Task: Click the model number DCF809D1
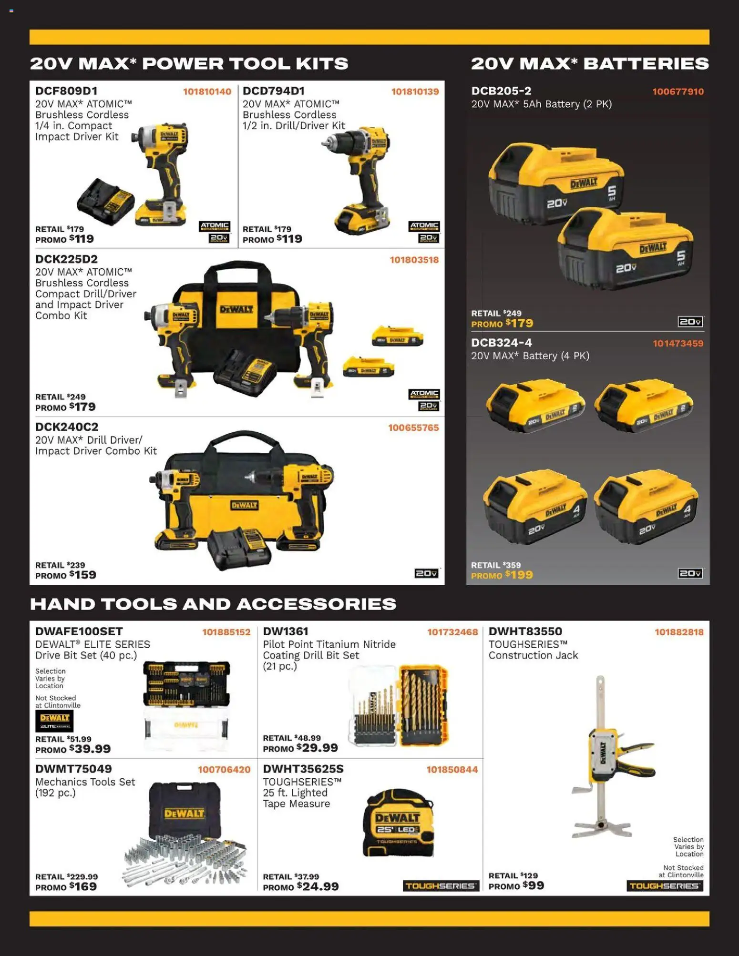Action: (66, 91)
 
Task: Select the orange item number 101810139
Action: (415, 92)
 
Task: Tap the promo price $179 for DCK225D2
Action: (82, 407)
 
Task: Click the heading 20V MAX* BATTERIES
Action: (590, 63)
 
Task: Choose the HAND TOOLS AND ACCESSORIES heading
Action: (213, 604)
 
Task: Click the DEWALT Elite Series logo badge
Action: (54, 721)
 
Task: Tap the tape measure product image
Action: (398, 824)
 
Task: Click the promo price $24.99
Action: (318, 886)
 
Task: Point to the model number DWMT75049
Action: (73, 769)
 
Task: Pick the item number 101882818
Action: (679, 632)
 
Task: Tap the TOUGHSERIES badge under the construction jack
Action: (665, 886)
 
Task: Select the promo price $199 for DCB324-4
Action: (519, 575)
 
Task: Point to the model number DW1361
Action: (286, 631)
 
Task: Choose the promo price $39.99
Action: (90, 749)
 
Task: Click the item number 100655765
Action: (413, 427)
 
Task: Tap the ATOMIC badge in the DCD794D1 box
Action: (424, 226)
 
